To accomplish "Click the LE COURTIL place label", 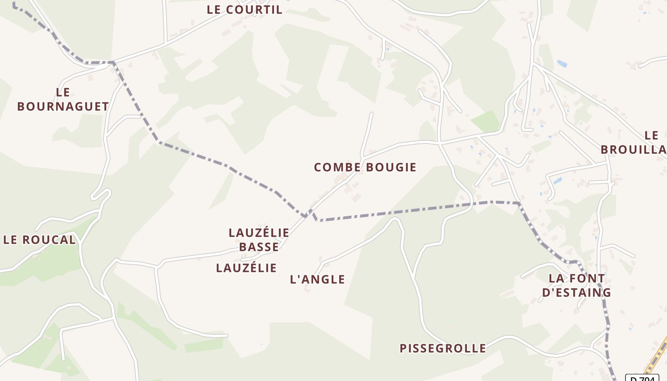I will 244,10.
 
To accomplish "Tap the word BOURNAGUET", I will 63,107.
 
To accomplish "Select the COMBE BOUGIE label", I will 365,167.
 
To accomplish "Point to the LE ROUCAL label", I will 40,240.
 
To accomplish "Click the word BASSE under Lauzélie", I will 259,247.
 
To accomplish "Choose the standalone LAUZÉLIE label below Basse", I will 246,268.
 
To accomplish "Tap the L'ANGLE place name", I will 317,280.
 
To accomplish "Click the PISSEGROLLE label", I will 443,348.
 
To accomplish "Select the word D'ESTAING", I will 576,292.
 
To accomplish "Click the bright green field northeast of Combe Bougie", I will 486,121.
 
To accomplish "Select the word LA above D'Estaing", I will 556,278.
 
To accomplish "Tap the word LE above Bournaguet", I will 63,92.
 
